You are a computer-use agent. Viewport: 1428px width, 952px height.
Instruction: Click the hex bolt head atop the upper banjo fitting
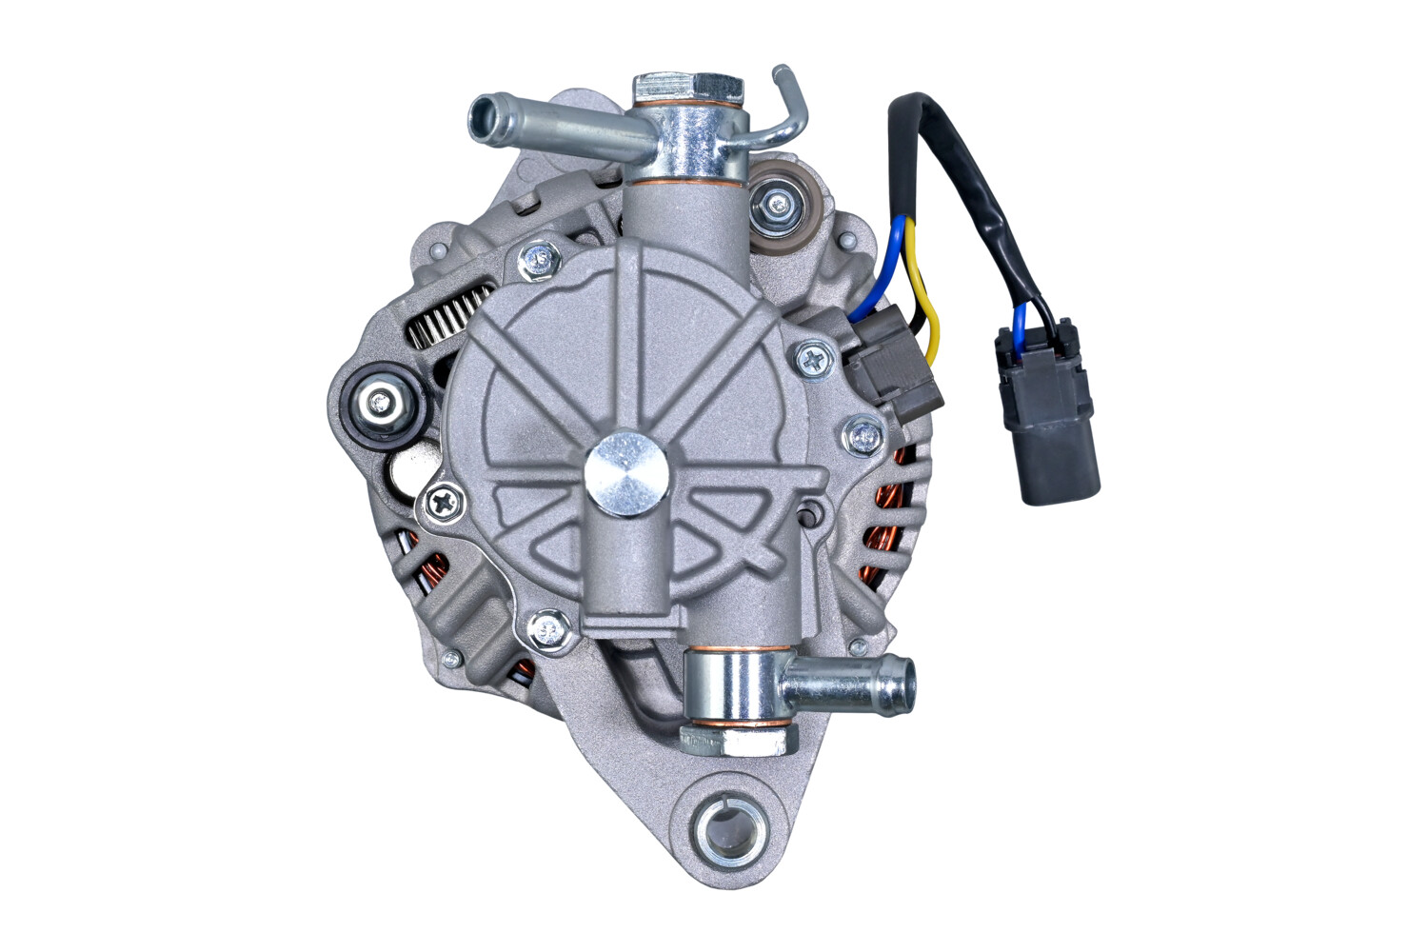click(687, 87)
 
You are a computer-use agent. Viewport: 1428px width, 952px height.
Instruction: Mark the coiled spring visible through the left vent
click(447, 319)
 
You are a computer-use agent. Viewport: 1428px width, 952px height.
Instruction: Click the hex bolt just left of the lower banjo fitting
click(546, 627)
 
